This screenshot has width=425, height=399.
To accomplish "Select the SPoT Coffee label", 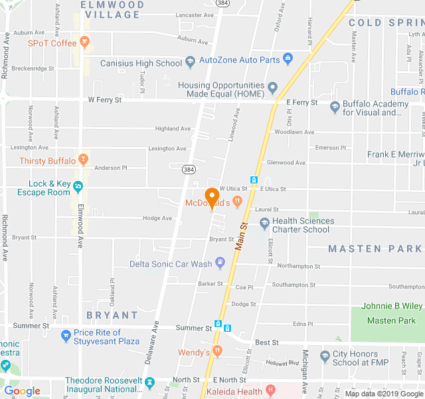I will (52, 43).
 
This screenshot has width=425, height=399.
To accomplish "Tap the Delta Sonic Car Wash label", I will (170, 264).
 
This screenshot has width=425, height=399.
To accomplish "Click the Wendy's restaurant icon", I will (217, 351).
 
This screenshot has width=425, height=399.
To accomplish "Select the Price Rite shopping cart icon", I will (65, 336).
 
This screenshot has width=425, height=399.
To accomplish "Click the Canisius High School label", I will (141, 63).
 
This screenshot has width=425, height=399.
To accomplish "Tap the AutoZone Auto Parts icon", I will (288, 59).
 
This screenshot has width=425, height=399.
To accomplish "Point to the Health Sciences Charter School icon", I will (264, 223).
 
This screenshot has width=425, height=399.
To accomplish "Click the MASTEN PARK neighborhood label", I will (375, 249).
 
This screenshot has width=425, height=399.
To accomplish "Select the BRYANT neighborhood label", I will (112, 315).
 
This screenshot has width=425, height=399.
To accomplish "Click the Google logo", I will (22, 391).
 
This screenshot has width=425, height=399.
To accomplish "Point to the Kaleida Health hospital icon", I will (270, 391).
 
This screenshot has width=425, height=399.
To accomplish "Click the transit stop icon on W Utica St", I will (254, 180).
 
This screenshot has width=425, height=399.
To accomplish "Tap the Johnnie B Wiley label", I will (392, 307).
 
